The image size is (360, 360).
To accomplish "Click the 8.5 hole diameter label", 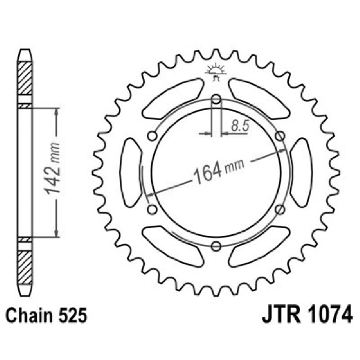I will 240,126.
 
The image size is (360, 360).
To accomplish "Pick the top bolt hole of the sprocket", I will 216,99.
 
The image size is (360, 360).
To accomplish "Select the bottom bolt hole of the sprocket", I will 216,246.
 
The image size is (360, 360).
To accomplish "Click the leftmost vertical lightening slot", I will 132,172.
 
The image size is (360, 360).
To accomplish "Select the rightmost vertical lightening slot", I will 301,172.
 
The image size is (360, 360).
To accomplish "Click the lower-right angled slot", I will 259,246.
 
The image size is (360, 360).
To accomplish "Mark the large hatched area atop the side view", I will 25,77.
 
